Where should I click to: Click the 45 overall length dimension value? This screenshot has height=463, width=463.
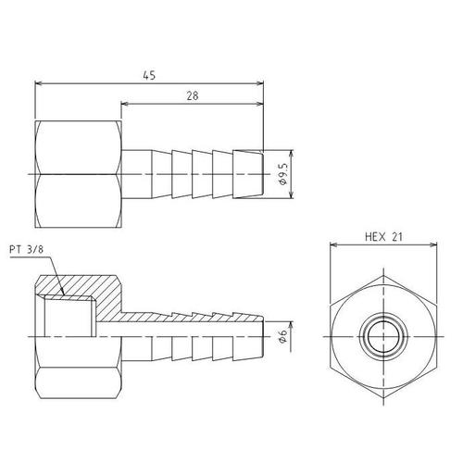pyautogui.click(x=149, y=75)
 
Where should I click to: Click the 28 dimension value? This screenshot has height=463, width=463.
pyautogui.click(x=193, y=96)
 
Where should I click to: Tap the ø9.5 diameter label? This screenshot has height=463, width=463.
pyautogui.click(x=282, y=174)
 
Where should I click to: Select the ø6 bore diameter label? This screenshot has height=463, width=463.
pyautogui.click(x=282, y=336)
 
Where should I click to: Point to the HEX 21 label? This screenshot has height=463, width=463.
pyautogui.click(x=383, y=237)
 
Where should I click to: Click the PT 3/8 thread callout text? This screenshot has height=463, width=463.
pyautogui.click(x=27, y=249)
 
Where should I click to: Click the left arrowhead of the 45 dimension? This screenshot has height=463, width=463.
pyautogui.click(x=38, y=83)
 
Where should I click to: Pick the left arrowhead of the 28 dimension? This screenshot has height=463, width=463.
pyautogui.click(x=124, y=104)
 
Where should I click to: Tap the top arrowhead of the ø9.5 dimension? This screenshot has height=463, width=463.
pyautogui.click(x=292, y=154)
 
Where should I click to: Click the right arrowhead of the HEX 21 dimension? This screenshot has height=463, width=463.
pyautogui.click(x=433, y=244)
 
